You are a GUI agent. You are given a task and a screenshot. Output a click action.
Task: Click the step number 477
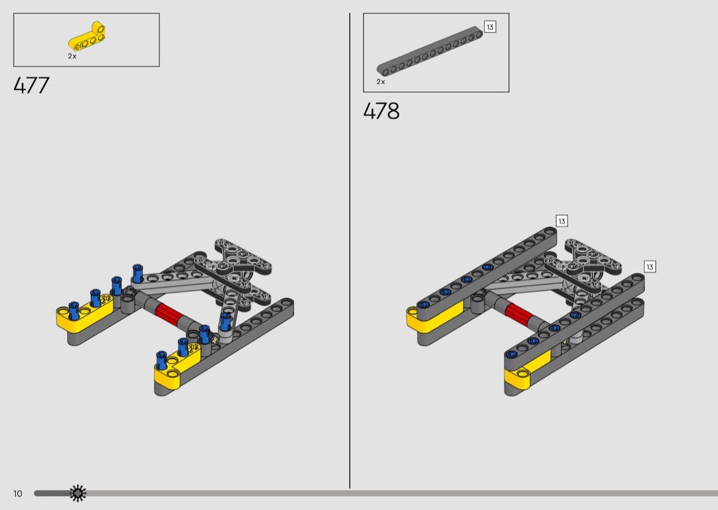[x=31, y=85]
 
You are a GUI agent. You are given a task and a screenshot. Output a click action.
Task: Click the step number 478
[x=381, y=111]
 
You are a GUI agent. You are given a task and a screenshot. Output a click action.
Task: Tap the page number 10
[x=17, y=494]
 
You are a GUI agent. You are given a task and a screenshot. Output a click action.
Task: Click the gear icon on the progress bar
[x=78, y=493]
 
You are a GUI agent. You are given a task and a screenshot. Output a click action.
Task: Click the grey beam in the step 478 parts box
[x=429, y=51]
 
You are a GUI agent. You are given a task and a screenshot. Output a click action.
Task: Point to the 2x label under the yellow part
[x=72, y=56]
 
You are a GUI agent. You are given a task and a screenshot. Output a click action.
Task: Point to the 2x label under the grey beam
[x=380, y=82]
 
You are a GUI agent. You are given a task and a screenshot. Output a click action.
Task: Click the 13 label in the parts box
[x=490, y=27]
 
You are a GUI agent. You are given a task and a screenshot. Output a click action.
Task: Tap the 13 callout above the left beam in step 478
[x=562, y=221]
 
